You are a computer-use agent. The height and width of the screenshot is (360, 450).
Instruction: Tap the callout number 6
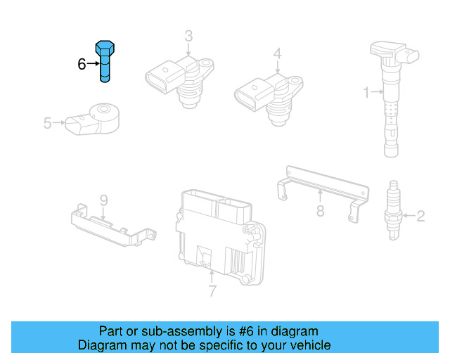[82, 64]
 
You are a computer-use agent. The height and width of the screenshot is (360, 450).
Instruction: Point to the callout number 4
[277, 53]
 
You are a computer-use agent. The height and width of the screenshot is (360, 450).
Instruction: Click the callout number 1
[366, 91]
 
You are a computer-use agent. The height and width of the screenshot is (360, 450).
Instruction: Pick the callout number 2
[420, 216]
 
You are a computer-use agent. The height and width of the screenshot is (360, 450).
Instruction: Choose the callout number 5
[47, 124]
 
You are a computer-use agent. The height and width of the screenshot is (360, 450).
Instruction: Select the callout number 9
[103, 201]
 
